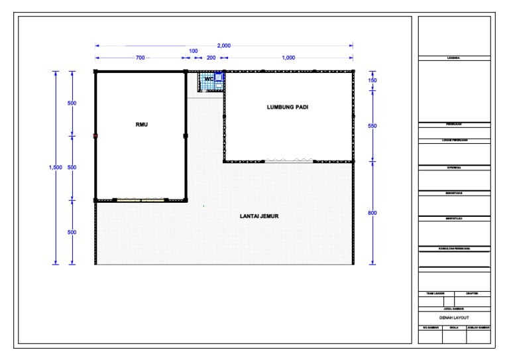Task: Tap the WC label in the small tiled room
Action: [209, 80]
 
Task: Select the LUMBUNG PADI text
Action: [288, 107]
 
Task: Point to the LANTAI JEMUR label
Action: [262, 215]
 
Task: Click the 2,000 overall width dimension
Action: [224, 45]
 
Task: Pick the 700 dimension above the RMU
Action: [140, 58]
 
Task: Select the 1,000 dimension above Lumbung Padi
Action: [288, 58]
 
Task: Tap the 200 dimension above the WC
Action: [210, 58]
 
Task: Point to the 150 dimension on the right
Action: [372, 80]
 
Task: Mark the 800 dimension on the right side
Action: [372, 213]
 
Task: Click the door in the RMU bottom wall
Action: [141, 199]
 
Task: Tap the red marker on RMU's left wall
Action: [95, 135]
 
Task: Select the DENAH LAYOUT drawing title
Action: [454, 318]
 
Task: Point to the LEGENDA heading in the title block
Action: [454, 59]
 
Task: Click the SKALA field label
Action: [454, 328]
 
